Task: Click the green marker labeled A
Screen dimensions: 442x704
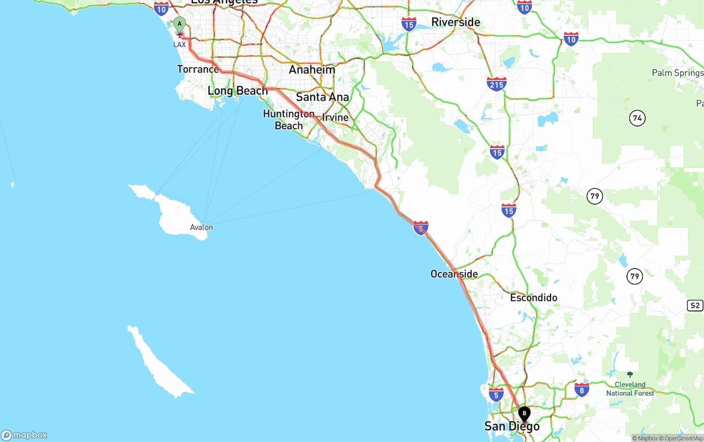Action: (x=179, y=25)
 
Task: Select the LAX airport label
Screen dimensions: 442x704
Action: (x=179, y=44)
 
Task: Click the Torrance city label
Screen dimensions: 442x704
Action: (x=197, y=69)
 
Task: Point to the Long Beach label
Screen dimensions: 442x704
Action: (x=238, y=91)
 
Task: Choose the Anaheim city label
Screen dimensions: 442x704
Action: (x=312, y=70)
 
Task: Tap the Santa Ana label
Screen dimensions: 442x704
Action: (x=322, y=97)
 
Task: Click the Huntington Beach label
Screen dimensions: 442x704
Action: (x=289, y=119)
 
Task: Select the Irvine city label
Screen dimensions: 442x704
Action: (x=335, y=117)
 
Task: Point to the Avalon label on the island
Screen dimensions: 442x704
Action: (x=201, y=227)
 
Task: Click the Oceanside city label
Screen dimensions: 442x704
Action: (x=454, y=274)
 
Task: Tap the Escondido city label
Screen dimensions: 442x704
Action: (x=533, y=298)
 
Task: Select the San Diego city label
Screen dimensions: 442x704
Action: (x=512, y=427)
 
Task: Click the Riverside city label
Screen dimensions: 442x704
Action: (x=455, y=22)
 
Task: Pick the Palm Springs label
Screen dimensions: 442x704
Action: (x=677, y=73)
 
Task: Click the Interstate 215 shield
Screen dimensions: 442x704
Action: (x=497, y=84)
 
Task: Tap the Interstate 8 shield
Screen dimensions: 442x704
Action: (x=582, y=390)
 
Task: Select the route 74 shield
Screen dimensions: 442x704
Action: (x=637, y=118)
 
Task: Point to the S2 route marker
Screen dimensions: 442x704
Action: (x=695, y=305)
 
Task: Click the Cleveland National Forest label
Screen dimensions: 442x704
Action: (x=630, y=389)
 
